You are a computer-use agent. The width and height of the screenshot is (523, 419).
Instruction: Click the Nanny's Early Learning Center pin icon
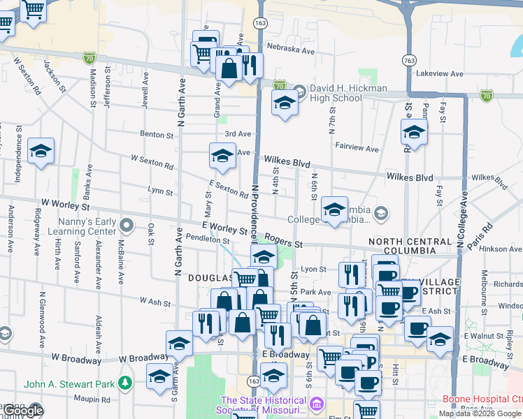coord(127,225)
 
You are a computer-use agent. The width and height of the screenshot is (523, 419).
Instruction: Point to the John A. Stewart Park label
coord(69,383)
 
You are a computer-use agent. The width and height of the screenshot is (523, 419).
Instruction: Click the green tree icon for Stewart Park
coord(125,383)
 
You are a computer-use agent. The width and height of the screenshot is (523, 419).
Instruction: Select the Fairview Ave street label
coord(357,148)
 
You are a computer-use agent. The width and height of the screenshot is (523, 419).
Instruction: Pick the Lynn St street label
coord(160,190)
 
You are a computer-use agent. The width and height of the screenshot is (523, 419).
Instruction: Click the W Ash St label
coord(155,302)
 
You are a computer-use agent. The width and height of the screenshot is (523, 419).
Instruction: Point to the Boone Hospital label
coord(482,399)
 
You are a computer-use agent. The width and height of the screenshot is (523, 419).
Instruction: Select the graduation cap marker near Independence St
coord(41,151)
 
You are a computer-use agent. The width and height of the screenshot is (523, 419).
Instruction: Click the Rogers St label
coord(283,244)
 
